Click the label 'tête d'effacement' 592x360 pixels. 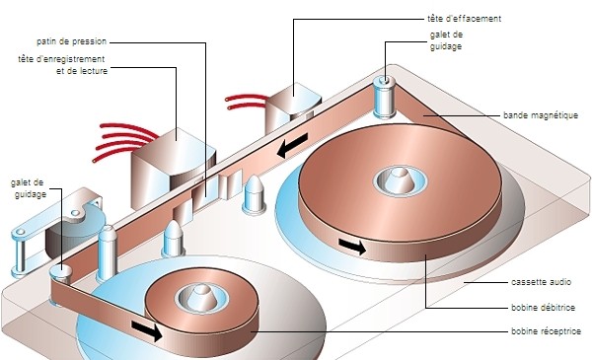[x=464, y=19]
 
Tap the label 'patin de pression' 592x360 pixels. [x=71, y=41]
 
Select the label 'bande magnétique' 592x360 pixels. [x=541, y=115]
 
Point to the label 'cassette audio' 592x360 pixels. [x=541, y=282]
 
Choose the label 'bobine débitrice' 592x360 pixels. [x=543, y=307]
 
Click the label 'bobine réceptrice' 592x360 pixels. [x=546, y=331]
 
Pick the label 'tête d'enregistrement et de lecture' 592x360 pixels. [x=62, y=65]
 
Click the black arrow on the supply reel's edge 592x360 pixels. [x=352, y=247]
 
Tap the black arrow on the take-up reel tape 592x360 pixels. [x=147, y=330]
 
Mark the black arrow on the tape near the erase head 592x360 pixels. [x=292, y=146]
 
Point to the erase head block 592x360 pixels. [x=293, y=108]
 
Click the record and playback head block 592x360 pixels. [x=173, y=167]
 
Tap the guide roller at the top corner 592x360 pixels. [x=385, y=97]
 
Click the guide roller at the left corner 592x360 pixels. [x=60, y=274]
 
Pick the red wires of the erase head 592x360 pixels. [x=246, y=102]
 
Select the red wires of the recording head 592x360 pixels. [x=124, y=141]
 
